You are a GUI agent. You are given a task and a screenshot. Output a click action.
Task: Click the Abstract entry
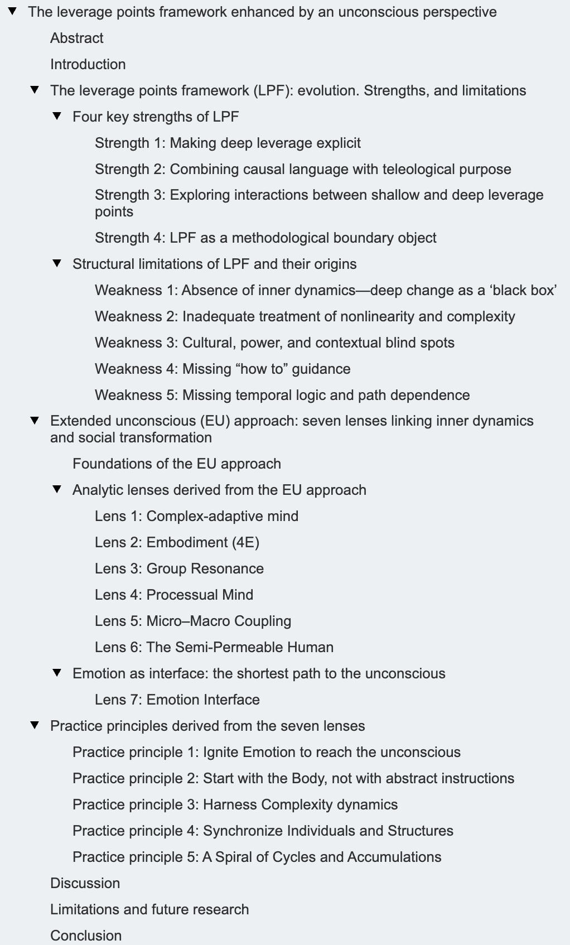point(77,38)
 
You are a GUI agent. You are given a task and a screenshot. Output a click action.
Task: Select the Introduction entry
point(88,64)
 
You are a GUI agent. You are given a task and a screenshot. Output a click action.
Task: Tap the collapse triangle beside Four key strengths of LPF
point(57,116)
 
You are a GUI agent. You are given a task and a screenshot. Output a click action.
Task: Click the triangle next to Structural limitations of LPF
point(57,263)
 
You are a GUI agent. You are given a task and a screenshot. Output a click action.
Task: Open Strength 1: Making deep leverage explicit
point(228,143)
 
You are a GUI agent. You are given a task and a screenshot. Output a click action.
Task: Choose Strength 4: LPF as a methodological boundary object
point(265,238)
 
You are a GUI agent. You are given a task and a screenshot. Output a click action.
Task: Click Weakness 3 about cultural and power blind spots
point(274,343)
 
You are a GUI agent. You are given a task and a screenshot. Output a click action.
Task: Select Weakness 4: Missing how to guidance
point(223,369)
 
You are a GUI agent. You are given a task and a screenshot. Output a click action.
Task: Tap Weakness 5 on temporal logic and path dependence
point(282,395)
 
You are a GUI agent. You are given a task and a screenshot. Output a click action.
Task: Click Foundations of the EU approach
point(177,464)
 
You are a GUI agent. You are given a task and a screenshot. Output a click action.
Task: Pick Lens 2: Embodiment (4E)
point(177,542)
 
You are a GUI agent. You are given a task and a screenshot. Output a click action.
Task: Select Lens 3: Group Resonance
point(179,568)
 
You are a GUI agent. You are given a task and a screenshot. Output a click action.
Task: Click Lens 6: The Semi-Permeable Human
point(214,647)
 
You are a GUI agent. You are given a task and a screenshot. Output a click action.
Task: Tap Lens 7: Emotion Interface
point(177,700)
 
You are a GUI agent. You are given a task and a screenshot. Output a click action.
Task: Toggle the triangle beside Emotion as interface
point(57,673)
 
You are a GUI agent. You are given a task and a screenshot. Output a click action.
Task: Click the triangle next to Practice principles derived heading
point(35,725)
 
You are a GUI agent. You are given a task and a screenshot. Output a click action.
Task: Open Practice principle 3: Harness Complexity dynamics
point(235,804)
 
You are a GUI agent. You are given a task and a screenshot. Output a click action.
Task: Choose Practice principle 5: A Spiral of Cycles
point(257,857)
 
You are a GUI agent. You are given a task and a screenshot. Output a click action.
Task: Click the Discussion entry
point(85,883)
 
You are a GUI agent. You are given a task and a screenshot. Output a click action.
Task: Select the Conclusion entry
point(86,936)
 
